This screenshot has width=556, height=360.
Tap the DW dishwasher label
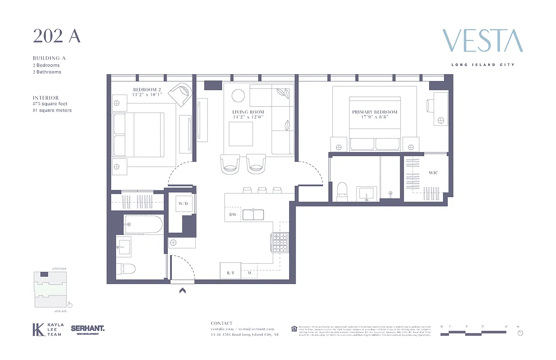pos(233,215)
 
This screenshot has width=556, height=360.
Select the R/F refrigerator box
pos(230,273)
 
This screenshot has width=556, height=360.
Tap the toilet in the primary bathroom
pos(342,191)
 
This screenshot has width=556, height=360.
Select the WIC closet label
pos(433,173)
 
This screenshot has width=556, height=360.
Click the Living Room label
pos(248,112)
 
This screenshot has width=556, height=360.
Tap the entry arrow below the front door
pos(183,291)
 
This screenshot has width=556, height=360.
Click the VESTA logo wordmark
pos(482,41)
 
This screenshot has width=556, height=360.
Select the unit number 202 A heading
pos(56,36)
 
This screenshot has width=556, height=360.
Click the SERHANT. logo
pos(87,328)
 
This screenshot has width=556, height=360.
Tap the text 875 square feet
pos(50,103)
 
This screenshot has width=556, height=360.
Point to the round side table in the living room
pos(238,96)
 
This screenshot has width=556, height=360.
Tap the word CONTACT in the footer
pos(222,323)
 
